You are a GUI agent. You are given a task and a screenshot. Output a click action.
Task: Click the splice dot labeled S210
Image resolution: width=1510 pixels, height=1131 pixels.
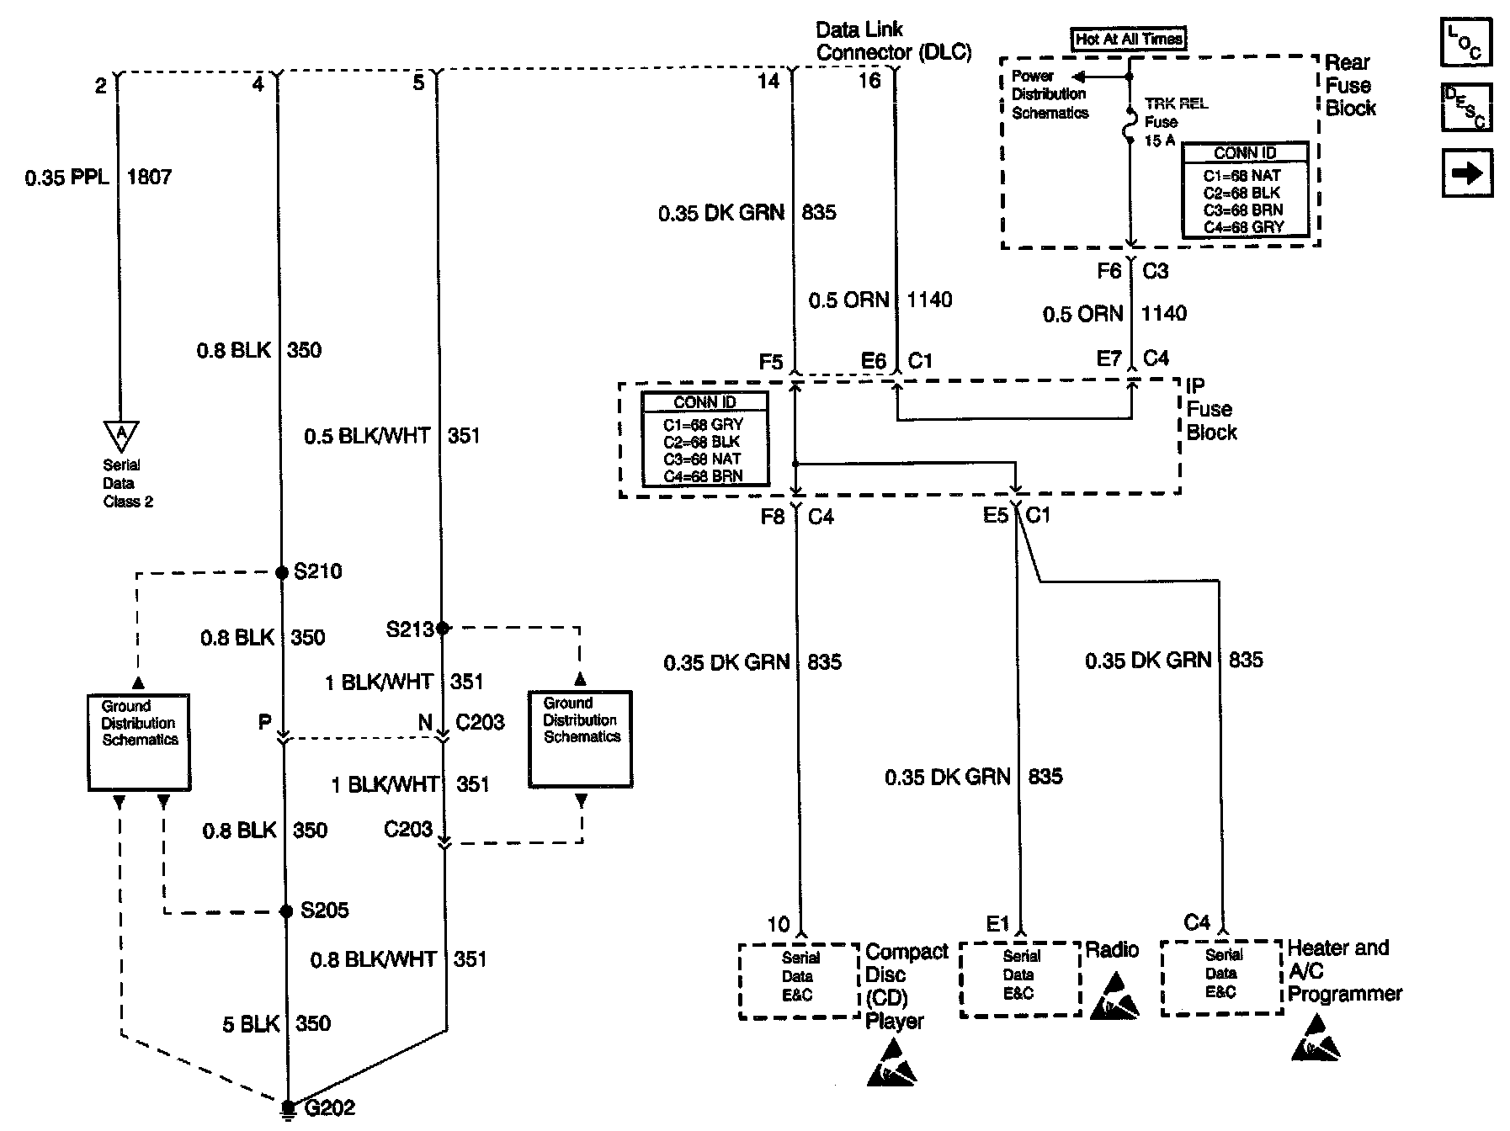pos(282,573)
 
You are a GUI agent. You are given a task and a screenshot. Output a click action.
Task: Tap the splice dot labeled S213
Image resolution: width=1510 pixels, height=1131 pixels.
pos(443,627)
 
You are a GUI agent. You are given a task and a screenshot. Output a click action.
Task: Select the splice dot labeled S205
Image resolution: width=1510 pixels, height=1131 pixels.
pos(286,911)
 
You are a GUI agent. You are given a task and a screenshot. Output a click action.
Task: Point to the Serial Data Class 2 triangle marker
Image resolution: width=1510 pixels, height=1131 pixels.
pos(121,434)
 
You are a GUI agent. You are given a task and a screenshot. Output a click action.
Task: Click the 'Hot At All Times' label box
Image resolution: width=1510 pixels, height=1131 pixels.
pos(1129,39)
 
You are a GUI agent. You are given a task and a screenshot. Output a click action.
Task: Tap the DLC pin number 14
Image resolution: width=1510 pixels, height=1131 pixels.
pos(768,81)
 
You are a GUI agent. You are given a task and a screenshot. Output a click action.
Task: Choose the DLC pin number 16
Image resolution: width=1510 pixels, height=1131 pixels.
pos(869,81)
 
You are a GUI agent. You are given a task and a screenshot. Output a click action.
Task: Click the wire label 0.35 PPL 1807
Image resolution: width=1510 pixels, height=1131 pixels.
pos(98,178)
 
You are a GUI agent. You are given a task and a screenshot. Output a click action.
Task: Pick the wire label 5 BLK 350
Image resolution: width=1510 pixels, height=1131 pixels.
pos(277,1024)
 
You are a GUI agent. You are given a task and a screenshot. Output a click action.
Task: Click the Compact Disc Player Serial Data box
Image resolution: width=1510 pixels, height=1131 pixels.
pos(798,980)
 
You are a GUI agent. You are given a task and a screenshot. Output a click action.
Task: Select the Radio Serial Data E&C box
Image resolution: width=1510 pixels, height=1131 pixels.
pos(1019,978)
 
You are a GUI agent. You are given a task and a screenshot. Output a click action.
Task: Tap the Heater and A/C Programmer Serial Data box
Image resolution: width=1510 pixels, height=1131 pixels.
pos(1221,976)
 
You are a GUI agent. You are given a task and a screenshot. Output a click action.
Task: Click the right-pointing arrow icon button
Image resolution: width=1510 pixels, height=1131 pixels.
pos(1466,173)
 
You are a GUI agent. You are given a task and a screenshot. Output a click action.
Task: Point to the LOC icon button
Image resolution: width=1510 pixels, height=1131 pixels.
pos(1466,42)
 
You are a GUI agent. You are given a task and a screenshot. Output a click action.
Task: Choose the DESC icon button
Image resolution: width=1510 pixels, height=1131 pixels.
pos(1466,107)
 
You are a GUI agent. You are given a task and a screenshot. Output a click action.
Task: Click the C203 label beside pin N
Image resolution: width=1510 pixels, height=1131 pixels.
pos(480,722)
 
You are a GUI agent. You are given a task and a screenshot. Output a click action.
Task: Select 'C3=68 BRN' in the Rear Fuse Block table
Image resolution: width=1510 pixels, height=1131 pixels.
pos(1243,210)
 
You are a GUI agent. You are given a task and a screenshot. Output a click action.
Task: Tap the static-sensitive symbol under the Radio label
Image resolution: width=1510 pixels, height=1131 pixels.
pos(1114,997)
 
